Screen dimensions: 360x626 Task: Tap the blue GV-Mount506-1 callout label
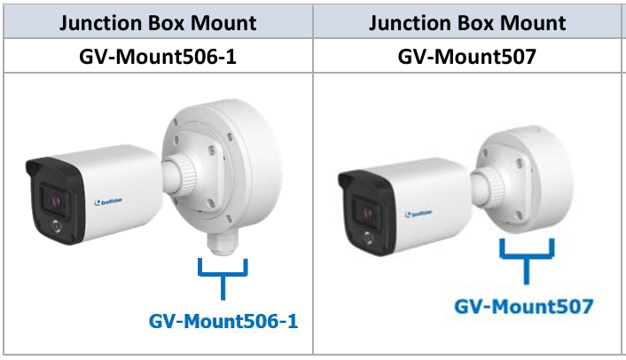(x=223, y=320)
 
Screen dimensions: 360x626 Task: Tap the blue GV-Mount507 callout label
(x=524, y=307)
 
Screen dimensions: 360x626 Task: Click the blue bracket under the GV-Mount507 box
(x=527, y=252)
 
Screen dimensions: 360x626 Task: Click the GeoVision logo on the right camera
(x=419, y=213)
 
